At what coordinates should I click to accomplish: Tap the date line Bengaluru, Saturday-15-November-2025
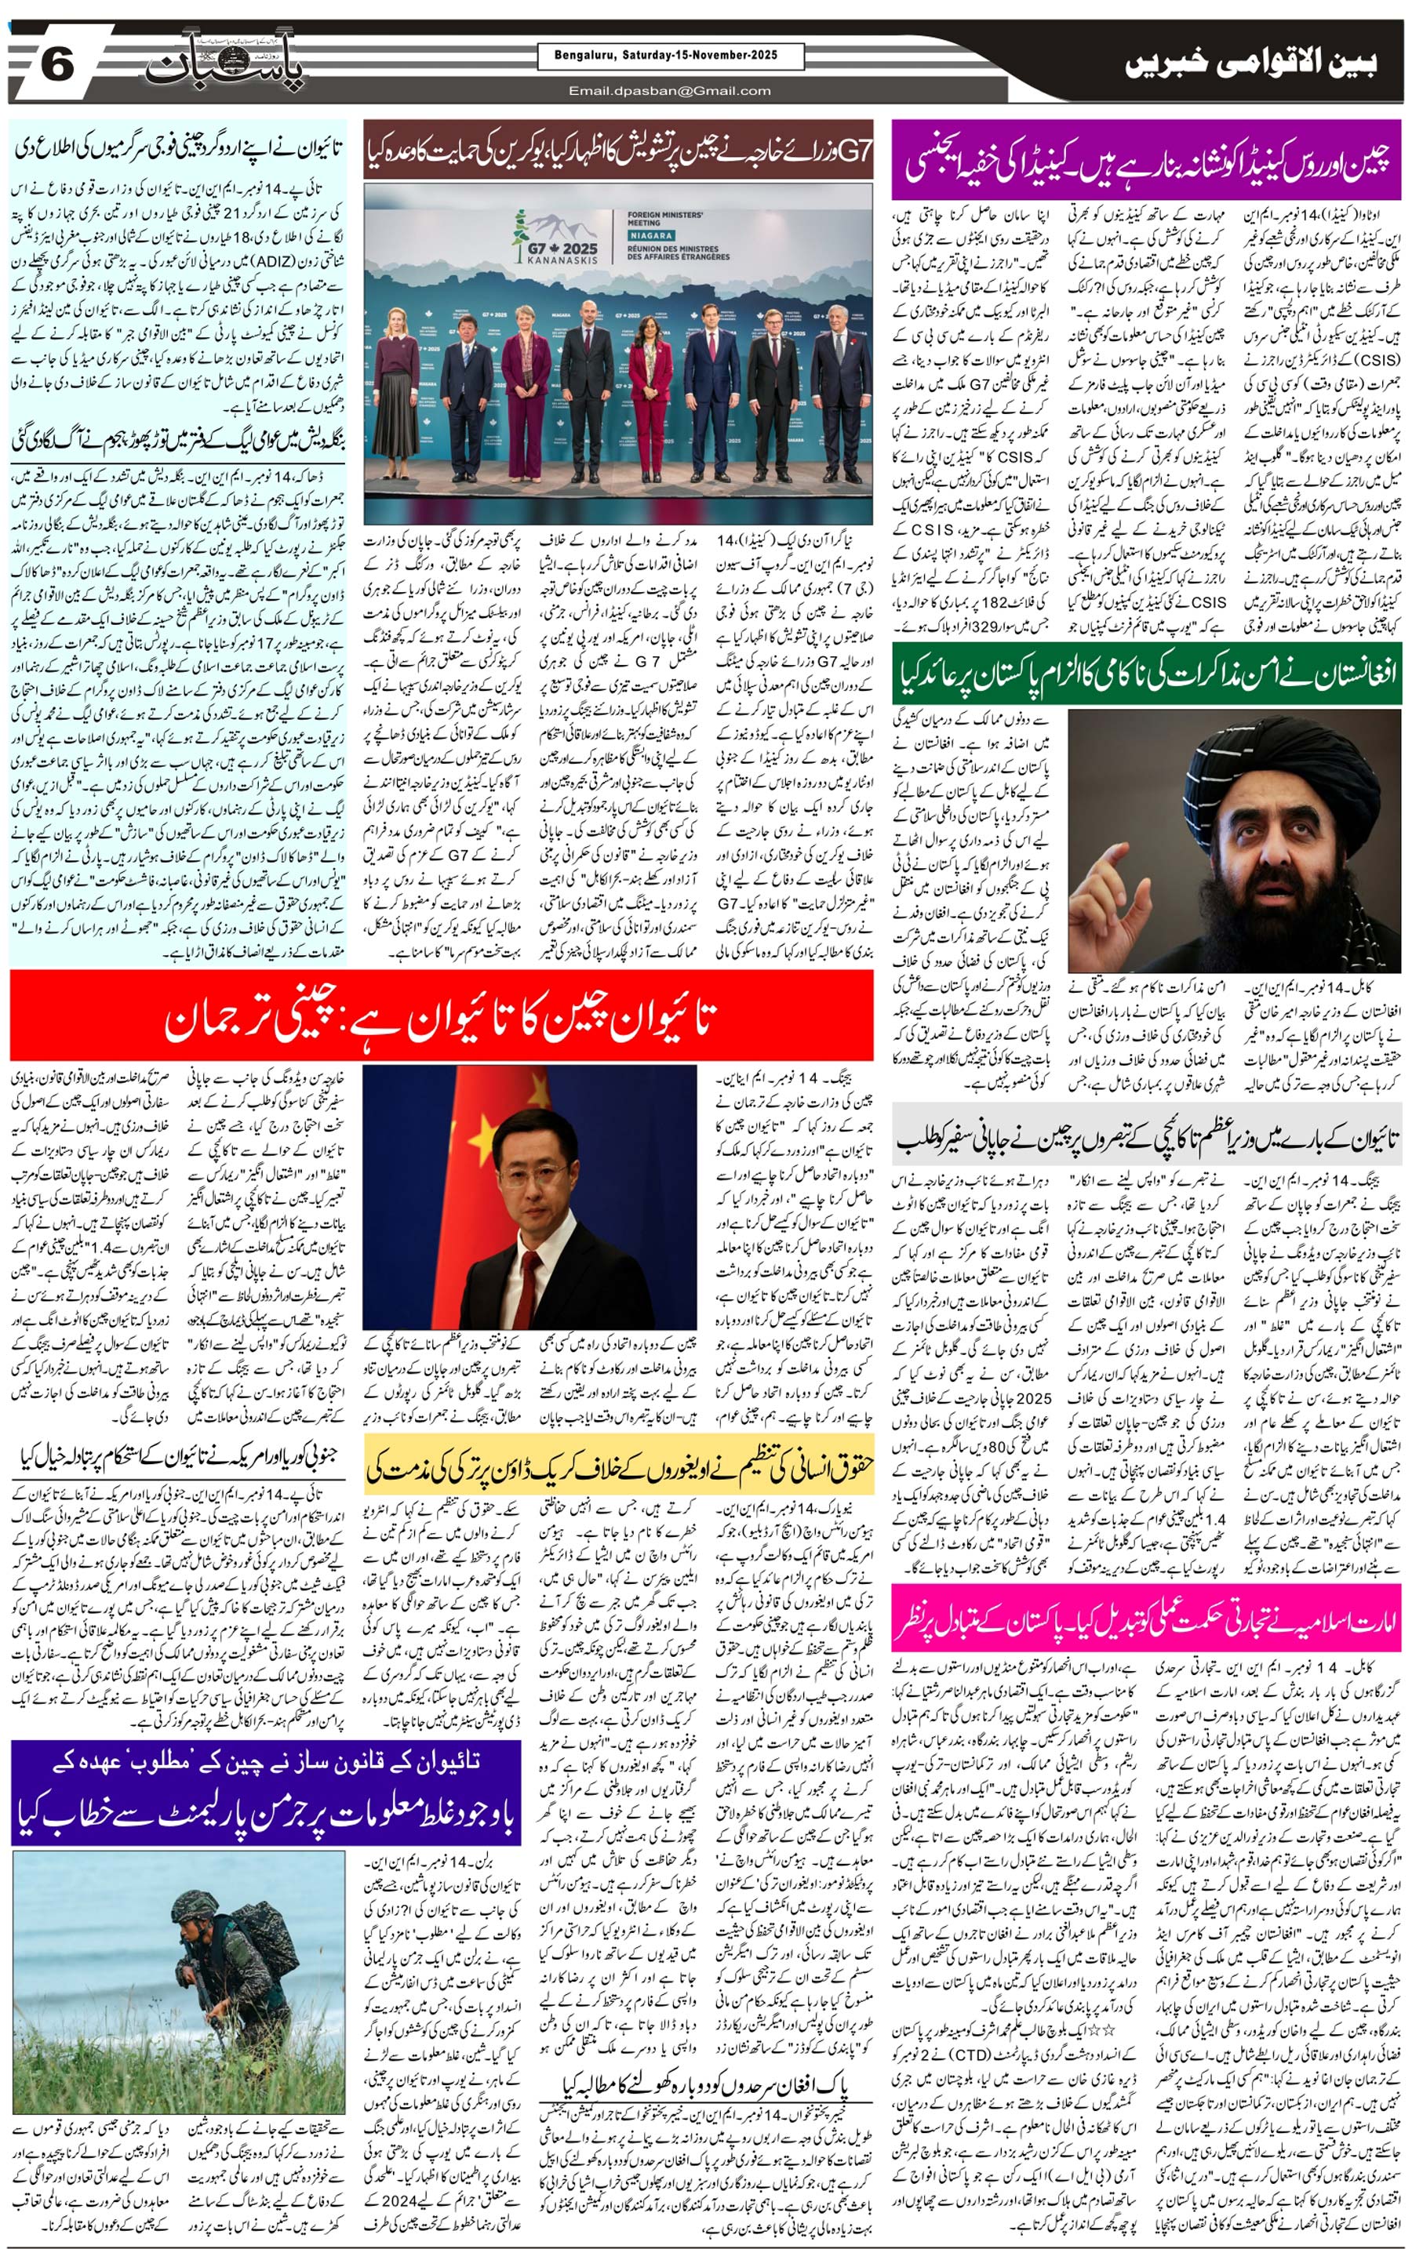coord(670,56)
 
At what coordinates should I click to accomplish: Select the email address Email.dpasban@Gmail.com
coord(670,90)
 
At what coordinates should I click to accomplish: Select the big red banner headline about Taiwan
coord(441,1016)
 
